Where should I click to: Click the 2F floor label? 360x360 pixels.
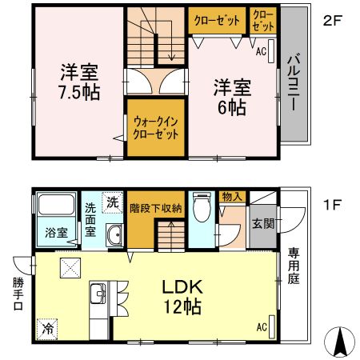pyautogui.click(x=333, y=22)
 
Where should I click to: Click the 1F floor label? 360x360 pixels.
pyautogui.click(x=333, y=204)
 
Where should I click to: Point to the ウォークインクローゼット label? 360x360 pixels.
pyautogui.click(x=155, y=126)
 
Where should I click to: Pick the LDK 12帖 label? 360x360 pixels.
pyautogui.click(x=182, y=296)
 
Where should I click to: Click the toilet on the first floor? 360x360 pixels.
pyautogui.click(x=200, y=210)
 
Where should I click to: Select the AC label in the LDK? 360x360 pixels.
pyautogui.click(x=261, y=326)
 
